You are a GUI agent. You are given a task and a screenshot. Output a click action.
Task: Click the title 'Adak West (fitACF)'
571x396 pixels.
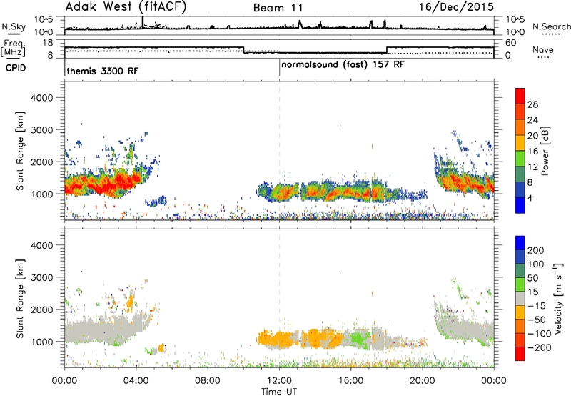pos(126,7)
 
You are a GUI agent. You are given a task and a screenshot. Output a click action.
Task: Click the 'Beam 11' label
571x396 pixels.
pos(278,8)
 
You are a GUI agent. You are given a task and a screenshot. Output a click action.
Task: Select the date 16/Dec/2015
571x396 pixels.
pos(456,7)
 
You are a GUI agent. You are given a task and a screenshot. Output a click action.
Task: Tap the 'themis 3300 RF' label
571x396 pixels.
pos(103,71)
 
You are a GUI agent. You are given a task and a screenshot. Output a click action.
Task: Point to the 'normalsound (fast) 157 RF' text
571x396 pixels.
pos(343,65)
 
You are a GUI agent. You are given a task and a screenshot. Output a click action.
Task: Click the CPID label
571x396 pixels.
pos(16,68)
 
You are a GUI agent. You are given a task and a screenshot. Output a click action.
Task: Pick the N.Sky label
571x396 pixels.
pos(14,26)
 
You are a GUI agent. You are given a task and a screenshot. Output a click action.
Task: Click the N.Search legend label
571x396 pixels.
pos(551,26)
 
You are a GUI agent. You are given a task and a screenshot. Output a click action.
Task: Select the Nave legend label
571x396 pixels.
pos(543,50)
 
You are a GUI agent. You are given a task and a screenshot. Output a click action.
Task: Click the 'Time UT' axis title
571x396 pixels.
pos(279,392)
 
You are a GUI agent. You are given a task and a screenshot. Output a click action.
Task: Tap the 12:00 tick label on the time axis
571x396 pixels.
pos(279,381)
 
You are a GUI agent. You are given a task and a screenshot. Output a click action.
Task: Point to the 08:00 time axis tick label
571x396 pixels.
pos(208,381)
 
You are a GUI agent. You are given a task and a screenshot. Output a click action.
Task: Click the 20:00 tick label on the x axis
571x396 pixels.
pos(423,381)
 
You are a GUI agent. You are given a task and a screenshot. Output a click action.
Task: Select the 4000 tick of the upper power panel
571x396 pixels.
pos(41,98)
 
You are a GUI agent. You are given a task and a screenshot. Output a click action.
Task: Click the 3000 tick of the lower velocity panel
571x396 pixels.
pos(41,277)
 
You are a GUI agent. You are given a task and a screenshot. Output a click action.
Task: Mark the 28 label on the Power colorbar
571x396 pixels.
pos(532,104)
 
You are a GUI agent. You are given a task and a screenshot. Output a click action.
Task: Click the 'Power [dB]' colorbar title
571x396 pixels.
pos(545,151)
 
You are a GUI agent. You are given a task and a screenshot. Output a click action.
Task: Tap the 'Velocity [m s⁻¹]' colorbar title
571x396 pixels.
pos(558,298)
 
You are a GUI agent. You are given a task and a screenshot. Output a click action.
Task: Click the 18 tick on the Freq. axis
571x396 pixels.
pos(48,43)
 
